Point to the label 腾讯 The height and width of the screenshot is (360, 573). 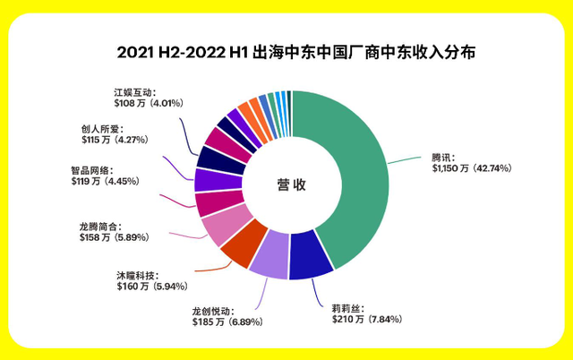(x=442, y=154)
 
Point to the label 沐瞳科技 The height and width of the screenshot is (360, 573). (x=137, y=273)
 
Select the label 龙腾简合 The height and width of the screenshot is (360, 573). (x=98, y=226)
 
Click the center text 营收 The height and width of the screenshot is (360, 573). (x=291, y=185)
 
